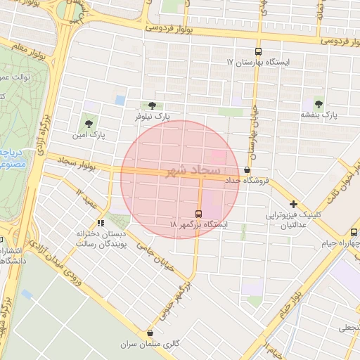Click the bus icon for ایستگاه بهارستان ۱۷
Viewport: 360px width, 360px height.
pyautogui.click(x=258, y=51)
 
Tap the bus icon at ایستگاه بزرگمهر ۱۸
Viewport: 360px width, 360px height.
pyautogui.click(x=199, y=213)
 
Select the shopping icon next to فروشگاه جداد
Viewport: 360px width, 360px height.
pyautogui.click(x=247, y=170)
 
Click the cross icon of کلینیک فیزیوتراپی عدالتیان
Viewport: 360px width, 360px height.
pyautogui.click(x=293, y=204)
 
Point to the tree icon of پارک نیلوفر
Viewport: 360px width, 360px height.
pyautogui.click(x=153, y=105)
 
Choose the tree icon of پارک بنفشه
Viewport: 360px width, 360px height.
pyautogui.click(x=319, y=103)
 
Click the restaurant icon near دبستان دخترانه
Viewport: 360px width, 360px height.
pyautogui.click(x=101, y=223)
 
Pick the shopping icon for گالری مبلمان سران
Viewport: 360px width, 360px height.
pyautogui.click(x=150, y=333)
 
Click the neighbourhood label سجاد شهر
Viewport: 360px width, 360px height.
pyautogui.click(x=194, y=171)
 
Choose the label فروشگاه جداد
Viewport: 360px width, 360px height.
pyautogui.click(x=247, y=181)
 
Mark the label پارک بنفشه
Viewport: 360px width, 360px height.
pyautogui.click(x=320, y=114)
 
